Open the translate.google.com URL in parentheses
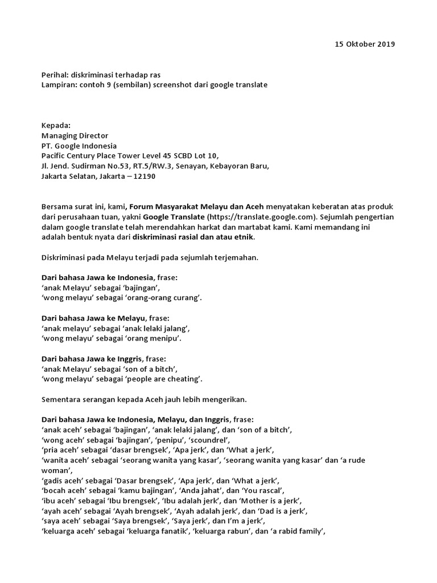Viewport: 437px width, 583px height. [x=262, y=217]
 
